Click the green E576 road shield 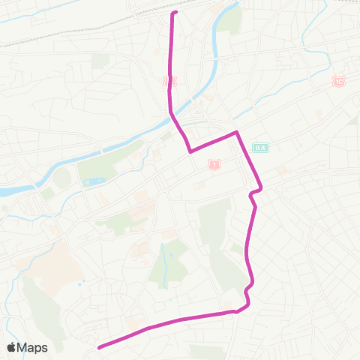pos(260,148)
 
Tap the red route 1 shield pos(214,163)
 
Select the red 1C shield pos(340,80)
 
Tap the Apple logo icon pos(12,347)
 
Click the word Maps pos(33,347)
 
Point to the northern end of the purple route pos(175,13)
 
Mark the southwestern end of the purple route pos(99,346)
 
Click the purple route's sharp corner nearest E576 pos(237,133)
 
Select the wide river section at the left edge pos(11,192)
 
